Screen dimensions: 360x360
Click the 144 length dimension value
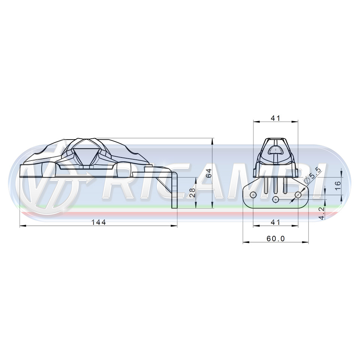click(99, 222)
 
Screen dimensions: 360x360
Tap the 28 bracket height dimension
click(192, 193)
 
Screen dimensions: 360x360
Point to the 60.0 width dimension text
click(276, 238)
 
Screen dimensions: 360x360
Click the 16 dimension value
click(338, 186)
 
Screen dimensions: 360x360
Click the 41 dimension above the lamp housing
click(276, 118)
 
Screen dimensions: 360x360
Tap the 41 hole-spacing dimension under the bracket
click(276, 222)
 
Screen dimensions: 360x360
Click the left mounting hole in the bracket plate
click(253, 195)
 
